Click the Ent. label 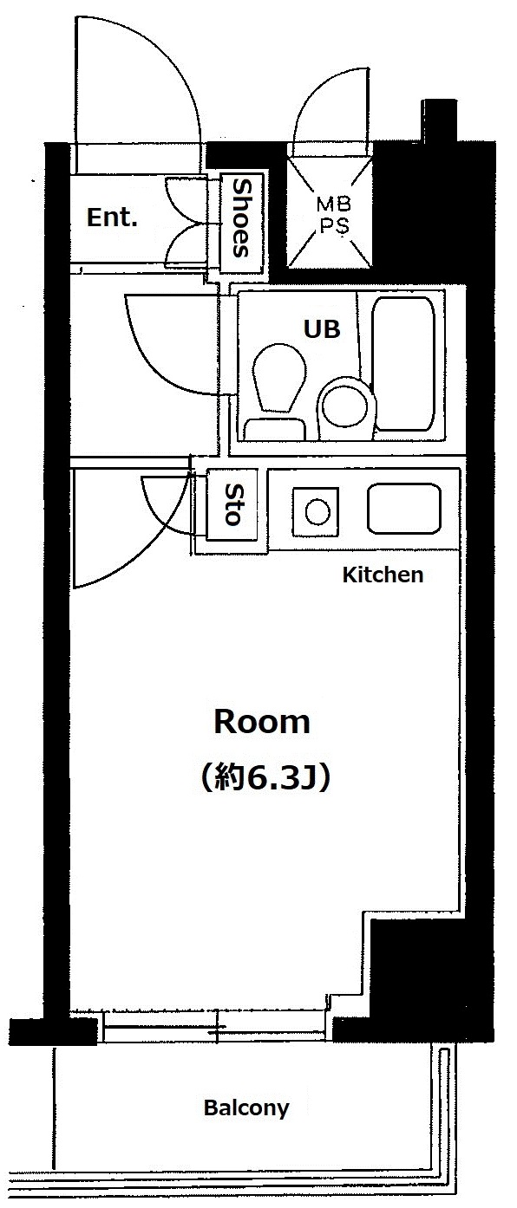(112, 218)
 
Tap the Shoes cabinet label (241, 218)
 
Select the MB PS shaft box (330, 213)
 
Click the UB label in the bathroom (322, 328)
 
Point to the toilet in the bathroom (278, 391)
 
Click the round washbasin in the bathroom (347, 406)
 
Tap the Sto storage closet (232, 504)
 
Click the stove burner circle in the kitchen (317, 511)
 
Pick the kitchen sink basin (404, 509)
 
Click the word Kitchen (383, 575)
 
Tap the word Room (262, 722)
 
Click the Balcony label (246, 1107)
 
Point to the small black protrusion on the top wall (440, 120)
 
